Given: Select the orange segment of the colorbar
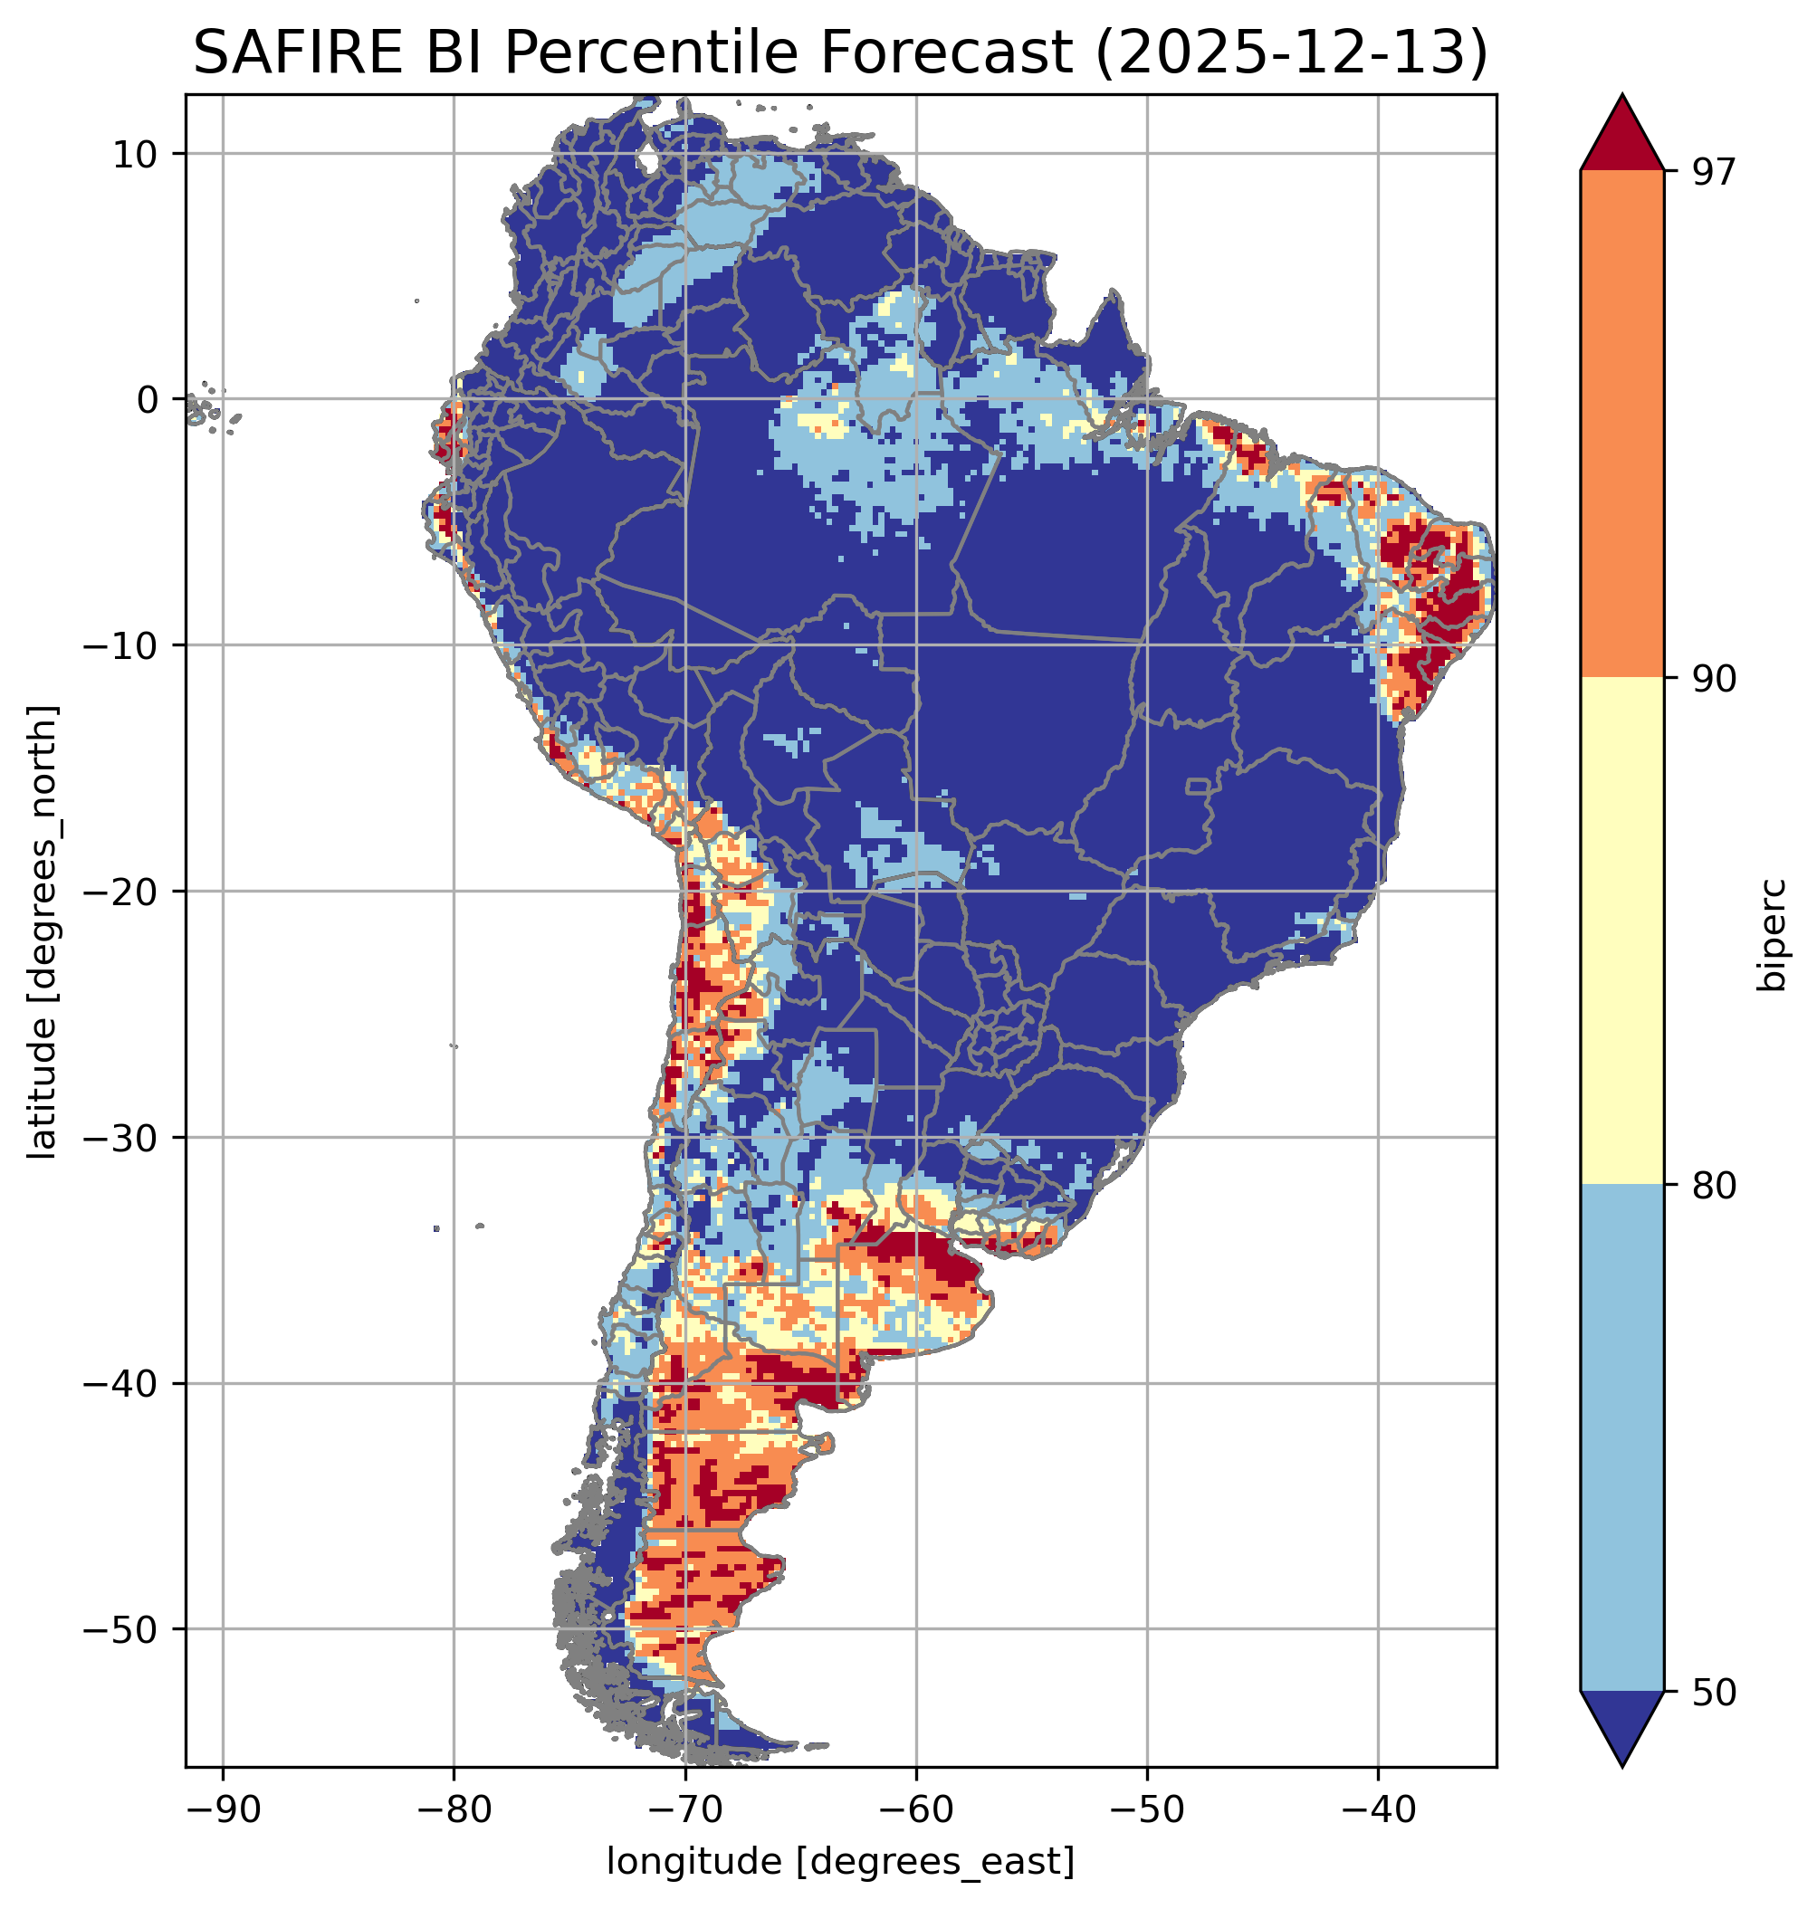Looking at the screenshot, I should (1621, 425).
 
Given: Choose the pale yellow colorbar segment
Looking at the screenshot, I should (1621, 930).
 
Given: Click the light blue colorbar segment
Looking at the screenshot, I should (1621, 1438).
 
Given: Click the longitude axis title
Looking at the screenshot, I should (840, 1862).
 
